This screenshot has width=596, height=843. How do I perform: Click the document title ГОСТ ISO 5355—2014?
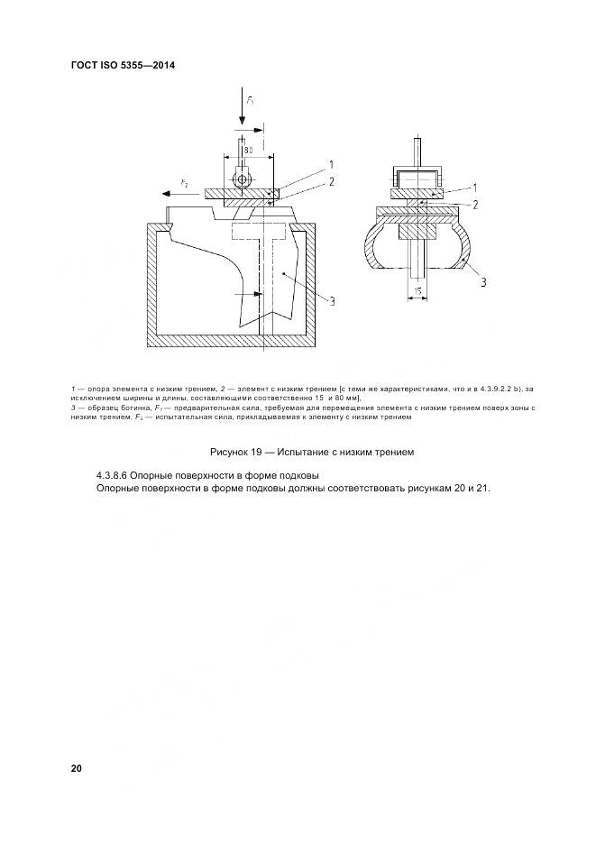click(123, 66)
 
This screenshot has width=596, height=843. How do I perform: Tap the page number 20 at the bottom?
click(77, 768)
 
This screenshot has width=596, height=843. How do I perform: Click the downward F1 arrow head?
click(242, 123)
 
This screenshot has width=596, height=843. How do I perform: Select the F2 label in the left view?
click(184, 183)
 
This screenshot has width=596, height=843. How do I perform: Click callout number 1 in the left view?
click(330, 165)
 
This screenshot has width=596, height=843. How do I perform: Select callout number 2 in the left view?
click(332, 181)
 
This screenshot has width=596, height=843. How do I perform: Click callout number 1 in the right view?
click(475, 188)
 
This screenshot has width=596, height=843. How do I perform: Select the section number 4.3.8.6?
click(115, 474)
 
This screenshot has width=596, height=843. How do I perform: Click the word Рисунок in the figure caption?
click(229, 451)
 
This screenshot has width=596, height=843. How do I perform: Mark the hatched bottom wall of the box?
click(234, 342)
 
